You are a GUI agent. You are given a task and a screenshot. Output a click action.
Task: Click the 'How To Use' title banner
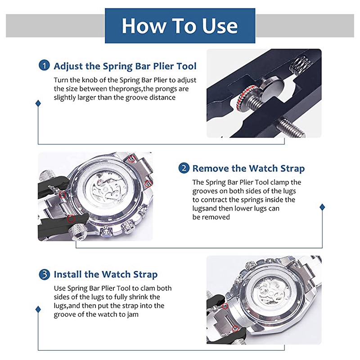point(180,26)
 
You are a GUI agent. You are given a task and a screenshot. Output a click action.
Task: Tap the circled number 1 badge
point(44,66)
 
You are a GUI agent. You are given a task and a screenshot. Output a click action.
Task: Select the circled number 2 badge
point(184,168)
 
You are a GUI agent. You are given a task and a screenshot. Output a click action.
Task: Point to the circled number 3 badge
point(44,274)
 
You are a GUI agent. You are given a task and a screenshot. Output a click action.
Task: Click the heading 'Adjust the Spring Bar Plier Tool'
point(125,66)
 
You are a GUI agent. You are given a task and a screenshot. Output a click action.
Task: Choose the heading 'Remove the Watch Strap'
point(248,169)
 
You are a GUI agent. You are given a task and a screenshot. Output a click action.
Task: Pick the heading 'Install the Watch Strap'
point(106,274)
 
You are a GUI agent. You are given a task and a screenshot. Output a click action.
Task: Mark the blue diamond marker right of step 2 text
point(322,207)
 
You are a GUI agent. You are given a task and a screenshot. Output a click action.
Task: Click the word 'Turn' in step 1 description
point(61,80)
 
